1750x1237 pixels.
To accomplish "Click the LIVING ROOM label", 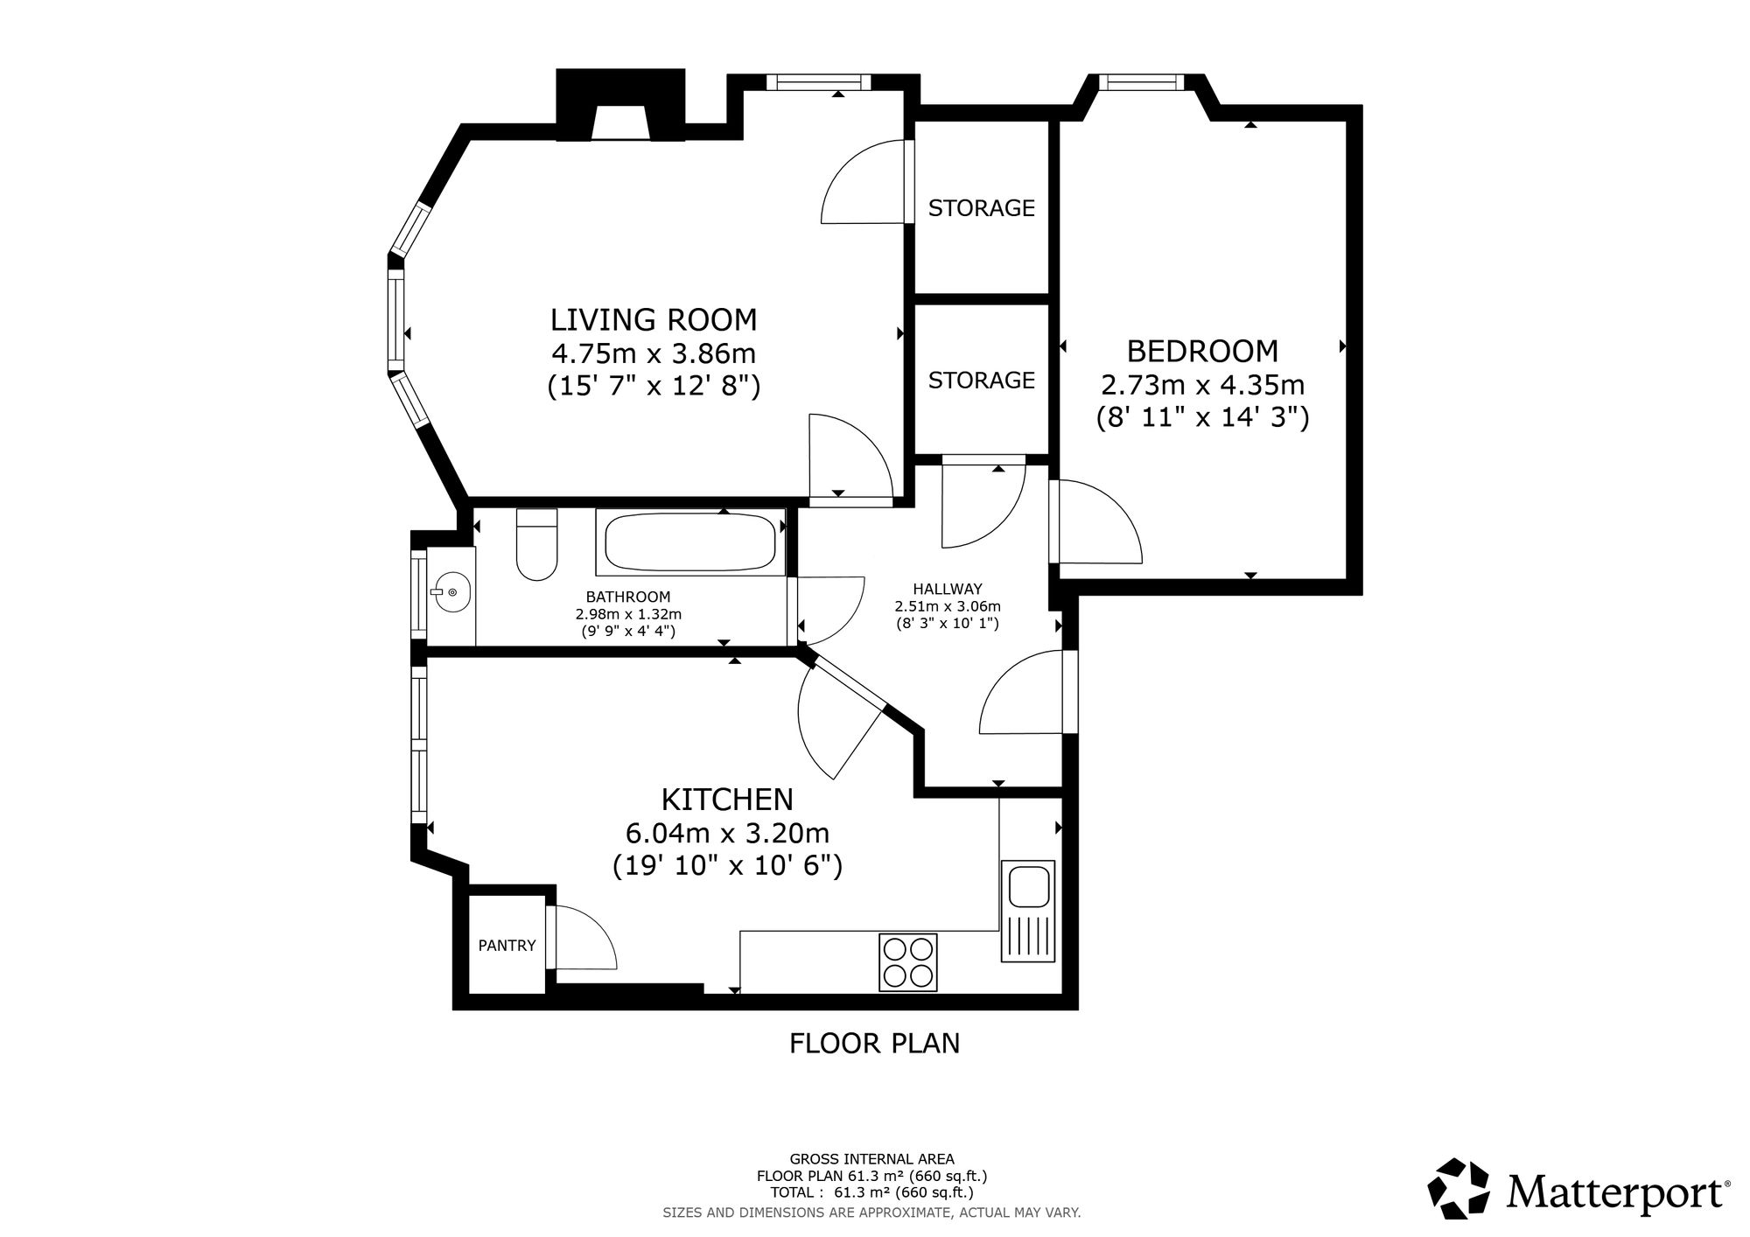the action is tap(654, 319).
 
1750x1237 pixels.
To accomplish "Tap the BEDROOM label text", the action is tap(1202, 351).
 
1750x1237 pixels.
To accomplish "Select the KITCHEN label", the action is tap(727, 799).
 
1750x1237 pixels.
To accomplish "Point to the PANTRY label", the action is tap(507, 945).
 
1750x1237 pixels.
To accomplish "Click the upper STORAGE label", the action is tap(981, 208).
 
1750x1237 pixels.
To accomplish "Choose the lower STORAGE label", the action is tap(981, 380).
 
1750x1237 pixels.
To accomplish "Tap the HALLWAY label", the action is tap(948, 589).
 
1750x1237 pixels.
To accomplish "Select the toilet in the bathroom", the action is tap(537, 544).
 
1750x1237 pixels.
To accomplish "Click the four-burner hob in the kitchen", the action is tap(907, 962).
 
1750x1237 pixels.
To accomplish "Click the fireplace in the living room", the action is tap(621, 105).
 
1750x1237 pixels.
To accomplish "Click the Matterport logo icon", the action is tap(1459, 1189).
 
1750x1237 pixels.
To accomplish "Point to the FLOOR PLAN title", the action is tap(874, 1043).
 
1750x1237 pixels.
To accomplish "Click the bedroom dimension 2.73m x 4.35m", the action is tap(1202, 385).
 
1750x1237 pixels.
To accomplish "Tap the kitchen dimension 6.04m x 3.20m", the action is tap(727, 832).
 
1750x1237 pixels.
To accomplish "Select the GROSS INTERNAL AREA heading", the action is tap(872, 1159).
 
